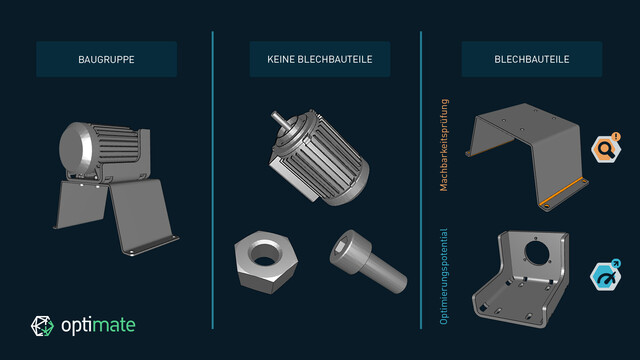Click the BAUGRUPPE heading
pos(106,60)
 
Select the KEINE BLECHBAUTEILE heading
pos(320,60)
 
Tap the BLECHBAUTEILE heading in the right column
pos(531,59)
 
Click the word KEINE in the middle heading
pos(281,60)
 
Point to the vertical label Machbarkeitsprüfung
pos(444,145)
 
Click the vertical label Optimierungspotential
pos(444,277)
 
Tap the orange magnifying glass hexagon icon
pos(606,149)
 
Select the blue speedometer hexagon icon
pos(606,276)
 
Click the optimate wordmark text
pos(98,325)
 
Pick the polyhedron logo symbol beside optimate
pos(42,326)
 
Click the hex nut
pos(266,261)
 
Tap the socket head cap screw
pos(368,261)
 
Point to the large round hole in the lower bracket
pos(537,253)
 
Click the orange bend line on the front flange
pos(562,192)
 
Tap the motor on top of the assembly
pos(105,151)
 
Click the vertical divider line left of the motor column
pos(213,180)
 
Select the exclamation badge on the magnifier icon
pos(616,136)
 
